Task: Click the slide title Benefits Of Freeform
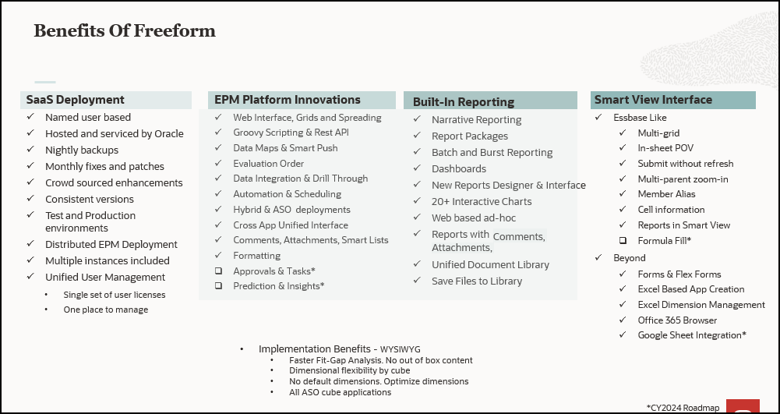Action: pos(125,31)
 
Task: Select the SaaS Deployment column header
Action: pos(75,100)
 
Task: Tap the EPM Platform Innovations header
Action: pos(288,100)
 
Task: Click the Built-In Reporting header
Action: pos(464,102)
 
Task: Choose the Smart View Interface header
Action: pos(653,100)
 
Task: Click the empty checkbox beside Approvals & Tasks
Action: pos(218,271)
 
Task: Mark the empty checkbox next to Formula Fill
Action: pos(623,240)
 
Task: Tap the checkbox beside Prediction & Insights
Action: pos(218,285)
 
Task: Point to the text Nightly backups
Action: pos(82,150)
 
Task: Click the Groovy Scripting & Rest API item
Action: pos(291,133)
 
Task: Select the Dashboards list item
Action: pos(459,168)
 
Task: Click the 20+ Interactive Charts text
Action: pos(482,201)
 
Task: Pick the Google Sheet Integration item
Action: pos(692,335)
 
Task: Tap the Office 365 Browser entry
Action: pos(677,320)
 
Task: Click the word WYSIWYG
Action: pos(400,349)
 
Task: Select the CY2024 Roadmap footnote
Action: pos(683,408)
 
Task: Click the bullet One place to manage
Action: pos(105,310)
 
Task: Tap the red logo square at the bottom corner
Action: pos(743,406)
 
